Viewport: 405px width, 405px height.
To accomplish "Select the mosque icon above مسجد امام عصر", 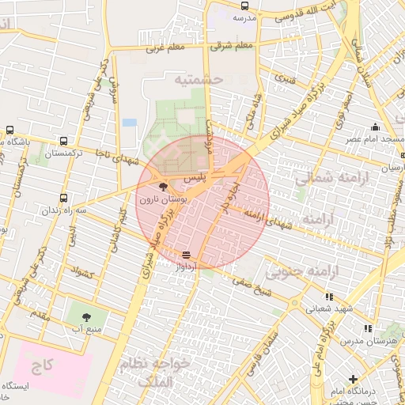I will [x=375, y=127].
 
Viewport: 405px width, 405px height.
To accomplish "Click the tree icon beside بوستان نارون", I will [x=164, y=187].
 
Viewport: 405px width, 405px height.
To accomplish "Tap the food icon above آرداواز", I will [x=186, y=255].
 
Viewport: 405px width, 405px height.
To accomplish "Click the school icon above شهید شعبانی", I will [x=329, y=297].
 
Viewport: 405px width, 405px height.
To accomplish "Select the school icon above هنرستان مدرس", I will [x=367, y=327].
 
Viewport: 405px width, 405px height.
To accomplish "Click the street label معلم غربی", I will [x=165, y=49].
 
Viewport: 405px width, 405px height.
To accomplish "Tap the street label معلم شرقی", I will [x=233, y=46].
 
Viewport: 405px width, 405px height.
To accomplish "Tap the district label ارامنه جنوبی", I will [x=302, y=272].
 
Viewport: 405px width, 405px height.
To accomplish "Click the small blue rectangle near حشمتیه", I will [x=129, y=123].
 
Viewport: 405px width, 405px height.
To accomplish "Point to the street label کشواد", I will [x=82, y=272].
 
